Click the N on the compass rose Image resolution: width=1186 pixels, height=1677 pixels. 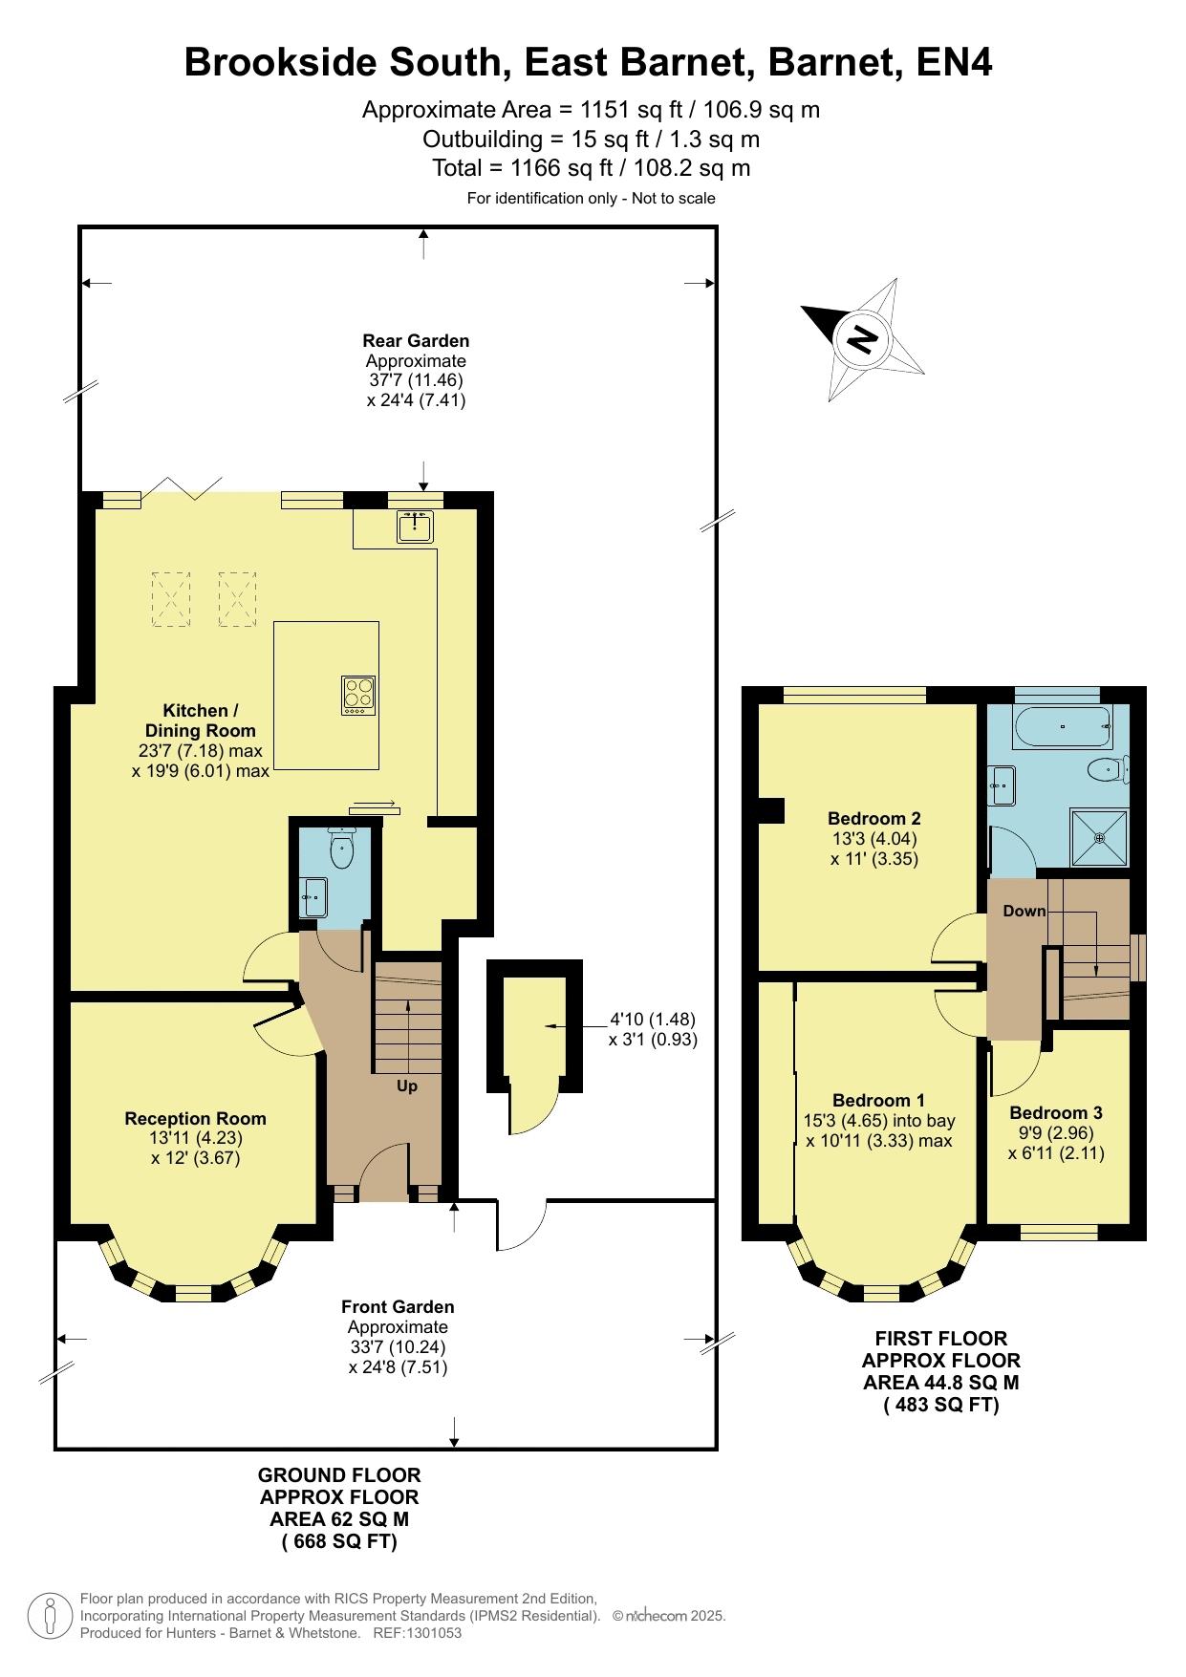863,340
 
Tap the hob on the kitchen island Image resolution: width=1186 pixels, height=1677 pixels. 358,695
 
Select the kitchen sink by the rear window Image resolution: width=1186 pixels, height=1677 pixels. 415,527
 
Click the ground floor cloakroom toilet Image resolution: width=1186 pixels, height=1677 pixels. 341,845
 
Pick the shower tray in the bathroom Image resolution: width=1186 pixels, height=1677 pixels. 1099,838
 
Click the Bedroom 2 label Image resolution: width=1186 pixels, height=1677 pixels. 873,818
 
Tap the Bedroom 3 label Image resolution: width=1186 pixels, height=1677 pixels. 1055,1112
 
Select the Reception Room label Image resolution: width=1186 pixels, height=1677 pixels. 195,1118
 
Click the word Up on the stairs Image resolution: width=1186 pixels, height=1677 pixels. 407,1086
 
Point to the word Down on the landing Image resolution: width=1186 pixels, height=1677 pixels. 1024,911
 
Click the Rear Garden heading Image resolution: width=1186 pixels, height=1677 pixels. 416,340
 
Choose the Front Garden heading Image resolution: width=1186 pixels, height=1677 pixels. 398,1306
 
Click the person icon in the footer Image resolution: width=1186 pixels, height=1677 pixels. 50,1616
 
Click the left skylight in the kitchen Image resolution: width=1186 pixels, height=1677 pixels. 170,599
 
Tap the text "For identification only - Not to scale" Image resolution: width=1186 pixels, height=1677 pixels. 591,199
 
